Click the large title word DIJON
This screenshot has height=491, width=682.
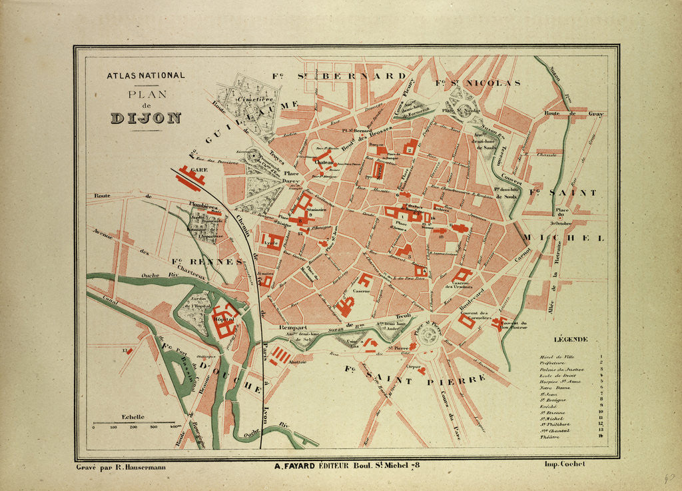[x=145, y=119]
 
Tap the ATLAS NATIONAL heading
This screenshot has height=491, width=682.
[x=146, y=76]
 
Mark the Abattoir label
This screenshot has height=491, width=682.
[x=297, y=361]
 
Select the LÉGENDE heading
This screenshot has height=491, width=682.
[x=571, y=339]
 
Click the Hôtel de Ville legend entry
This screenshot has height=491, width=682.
[x=555, y=357]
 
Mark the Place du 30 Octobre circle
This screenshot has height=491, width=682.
[x=561, y=216]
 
